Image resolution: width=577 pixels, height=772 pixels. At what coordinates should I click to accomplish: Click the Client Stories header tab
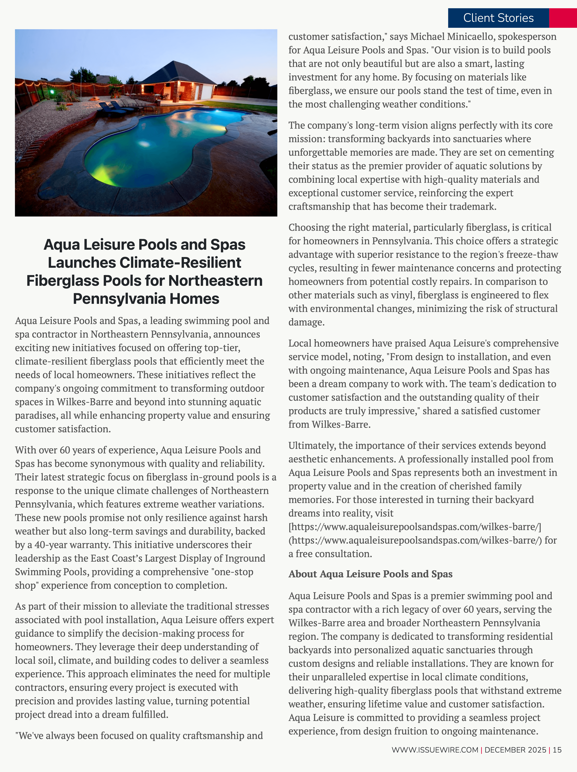498,18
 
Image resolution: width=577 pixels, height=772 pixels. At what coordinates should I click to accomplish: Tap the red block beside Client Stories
563,18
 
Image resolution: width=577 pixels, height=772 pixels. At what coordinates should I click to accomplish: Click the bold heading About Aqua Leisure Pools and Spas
370,574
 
